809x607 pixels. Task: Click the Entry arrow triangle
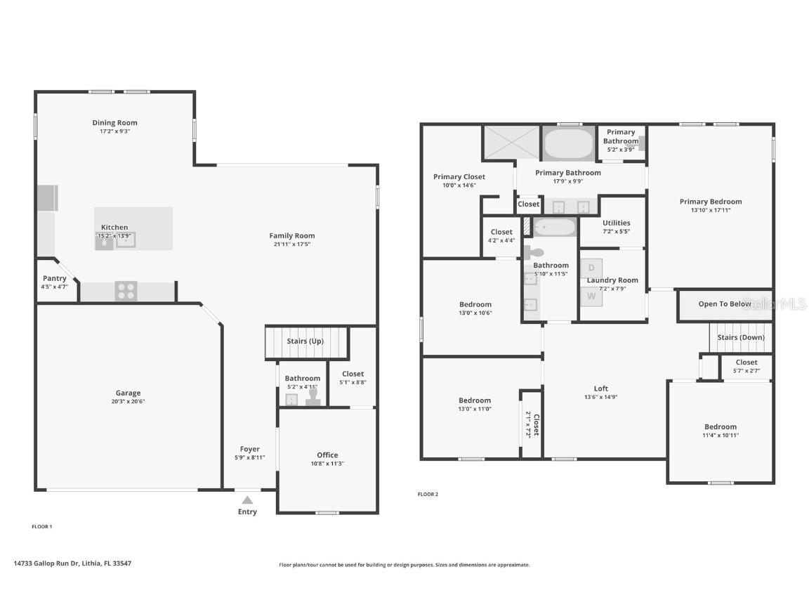(x=247, y=500)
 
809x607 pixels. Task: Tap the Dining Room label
(x=114, y=123)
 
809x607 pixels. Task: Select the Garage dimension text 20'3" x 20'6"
(x=128, y=402)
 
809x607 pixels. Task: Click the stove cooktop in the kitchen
(x=126, y=291)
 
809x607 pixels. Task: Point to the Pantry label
(x=55, y=278)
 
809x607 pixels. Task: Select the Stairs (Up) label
(x=305, y=341)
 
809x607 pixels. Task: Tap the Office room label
(x=327, y=455)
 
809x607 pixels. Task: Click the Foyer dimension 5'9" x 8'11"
(x=249, y=457)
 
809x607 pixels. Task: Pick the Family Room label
(x=292, y=235)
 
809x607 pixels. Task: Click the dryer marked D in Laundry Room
(x=591, y=268)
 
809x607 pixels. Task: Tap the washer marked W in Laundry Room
(x=591, y=296)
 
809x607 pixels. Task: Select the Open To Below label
(x=725, y=304)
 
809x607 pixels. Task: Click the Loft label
(x=601, y=389)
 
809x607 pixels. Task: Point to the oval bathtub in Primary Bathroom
(x=569, y=143)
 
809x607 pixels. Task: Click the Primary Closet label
(x=459, y=177)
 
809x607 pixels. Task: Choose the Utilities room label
(x=616, y=223)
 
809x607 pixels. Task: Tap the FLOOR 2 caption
(x=428, y=494)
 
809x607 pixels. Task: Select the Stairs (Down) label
(x=741, y=337)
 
